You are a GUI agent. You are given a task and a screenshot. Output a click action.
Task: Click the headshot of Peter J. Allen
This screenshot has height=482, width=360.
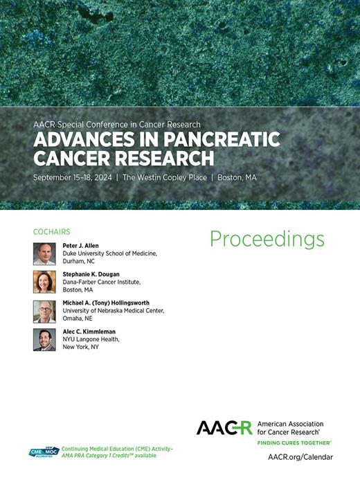point(44,253)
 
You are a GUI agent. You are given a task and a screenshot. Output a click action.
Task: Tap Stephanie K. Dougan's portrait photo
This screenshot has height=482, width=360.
point(44,282)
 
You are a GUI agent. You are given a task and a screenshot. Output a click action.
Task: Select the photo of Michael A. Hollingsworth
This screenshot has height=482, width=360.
point(44,311)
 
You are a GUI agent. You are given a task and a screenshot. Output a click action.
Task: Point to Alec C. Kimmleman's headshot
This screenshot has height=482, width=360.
point(44,339)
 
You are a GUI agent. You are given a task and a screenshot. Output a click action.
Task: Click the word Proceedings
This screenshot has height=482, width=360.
point(267,239)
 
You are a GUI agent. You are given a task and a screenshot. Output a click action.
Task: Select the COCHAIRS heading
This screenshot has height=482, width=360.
point(51,232)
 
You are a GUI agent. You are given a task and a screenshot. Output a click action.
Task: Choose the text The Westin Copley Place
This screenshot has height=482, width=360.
point(167,178)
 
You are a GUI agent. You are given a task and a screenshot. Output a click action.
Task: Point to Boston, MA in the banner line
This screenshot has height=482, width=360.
point(237,178)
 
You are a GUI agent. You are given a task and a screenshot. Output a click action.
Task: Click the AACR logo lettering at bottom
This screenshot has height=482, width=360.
point(224,427)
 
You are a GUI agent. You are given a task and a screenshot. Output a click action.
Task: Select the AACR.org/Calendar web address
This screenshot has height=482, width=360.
point(300,457)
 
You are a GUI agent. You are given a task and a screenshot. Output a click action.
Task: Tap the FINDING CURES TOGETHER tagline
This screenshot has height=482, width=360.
point(294,442)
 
